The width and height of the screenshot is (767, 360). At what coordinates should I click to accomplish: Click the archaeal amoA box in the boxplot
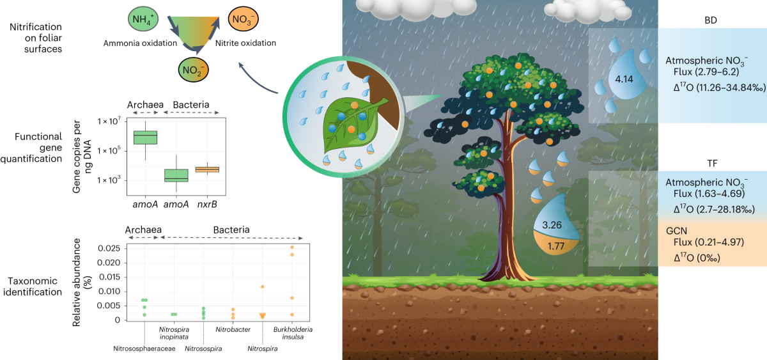tap(145, 137)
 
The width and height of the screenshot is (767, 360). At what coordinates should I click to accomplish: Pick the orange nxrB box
tap(207, 169)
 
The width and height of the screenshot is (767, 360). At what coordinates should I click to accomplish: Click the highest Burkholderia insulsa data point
tap(292, 247)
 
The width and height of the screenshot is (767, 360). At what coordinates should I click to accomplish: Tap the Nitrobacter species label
tap(233, 329)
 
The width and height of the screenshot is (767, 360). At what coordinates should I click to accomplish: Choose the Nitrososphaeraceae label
tap(144, 348)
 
